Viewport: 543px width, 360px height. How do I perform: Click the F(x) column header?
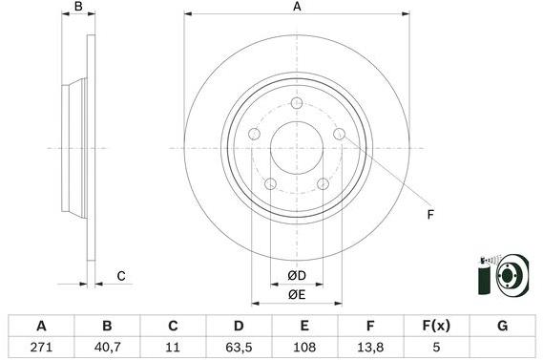tap(436, 327)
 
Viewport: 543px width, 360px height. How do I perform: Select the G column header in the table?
tap(502, 327)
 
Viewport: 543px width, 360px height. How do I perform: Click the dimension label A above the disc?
tap(296, 8)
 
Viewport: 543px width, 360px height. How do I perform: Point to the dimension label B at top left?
tap(79, 8)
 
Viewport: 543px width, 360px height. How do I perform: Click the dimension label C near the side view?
tap(121, 277)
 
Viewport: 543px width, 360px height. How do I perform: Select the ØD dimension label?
tap(296, 276)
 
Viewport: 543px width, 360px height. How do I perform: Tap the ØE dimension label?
tap(296, 294)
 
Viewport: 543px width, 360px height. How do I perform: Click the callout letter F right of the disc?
tap(429, 214)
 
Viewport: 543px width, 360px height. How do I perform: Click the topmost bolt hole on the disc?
tap(296, 104)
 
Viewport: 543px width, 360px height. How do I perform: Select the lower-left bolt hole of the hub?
tap(270, 183)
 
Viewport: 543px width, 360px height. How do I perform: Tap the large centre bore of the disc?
tap(296, 148)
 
